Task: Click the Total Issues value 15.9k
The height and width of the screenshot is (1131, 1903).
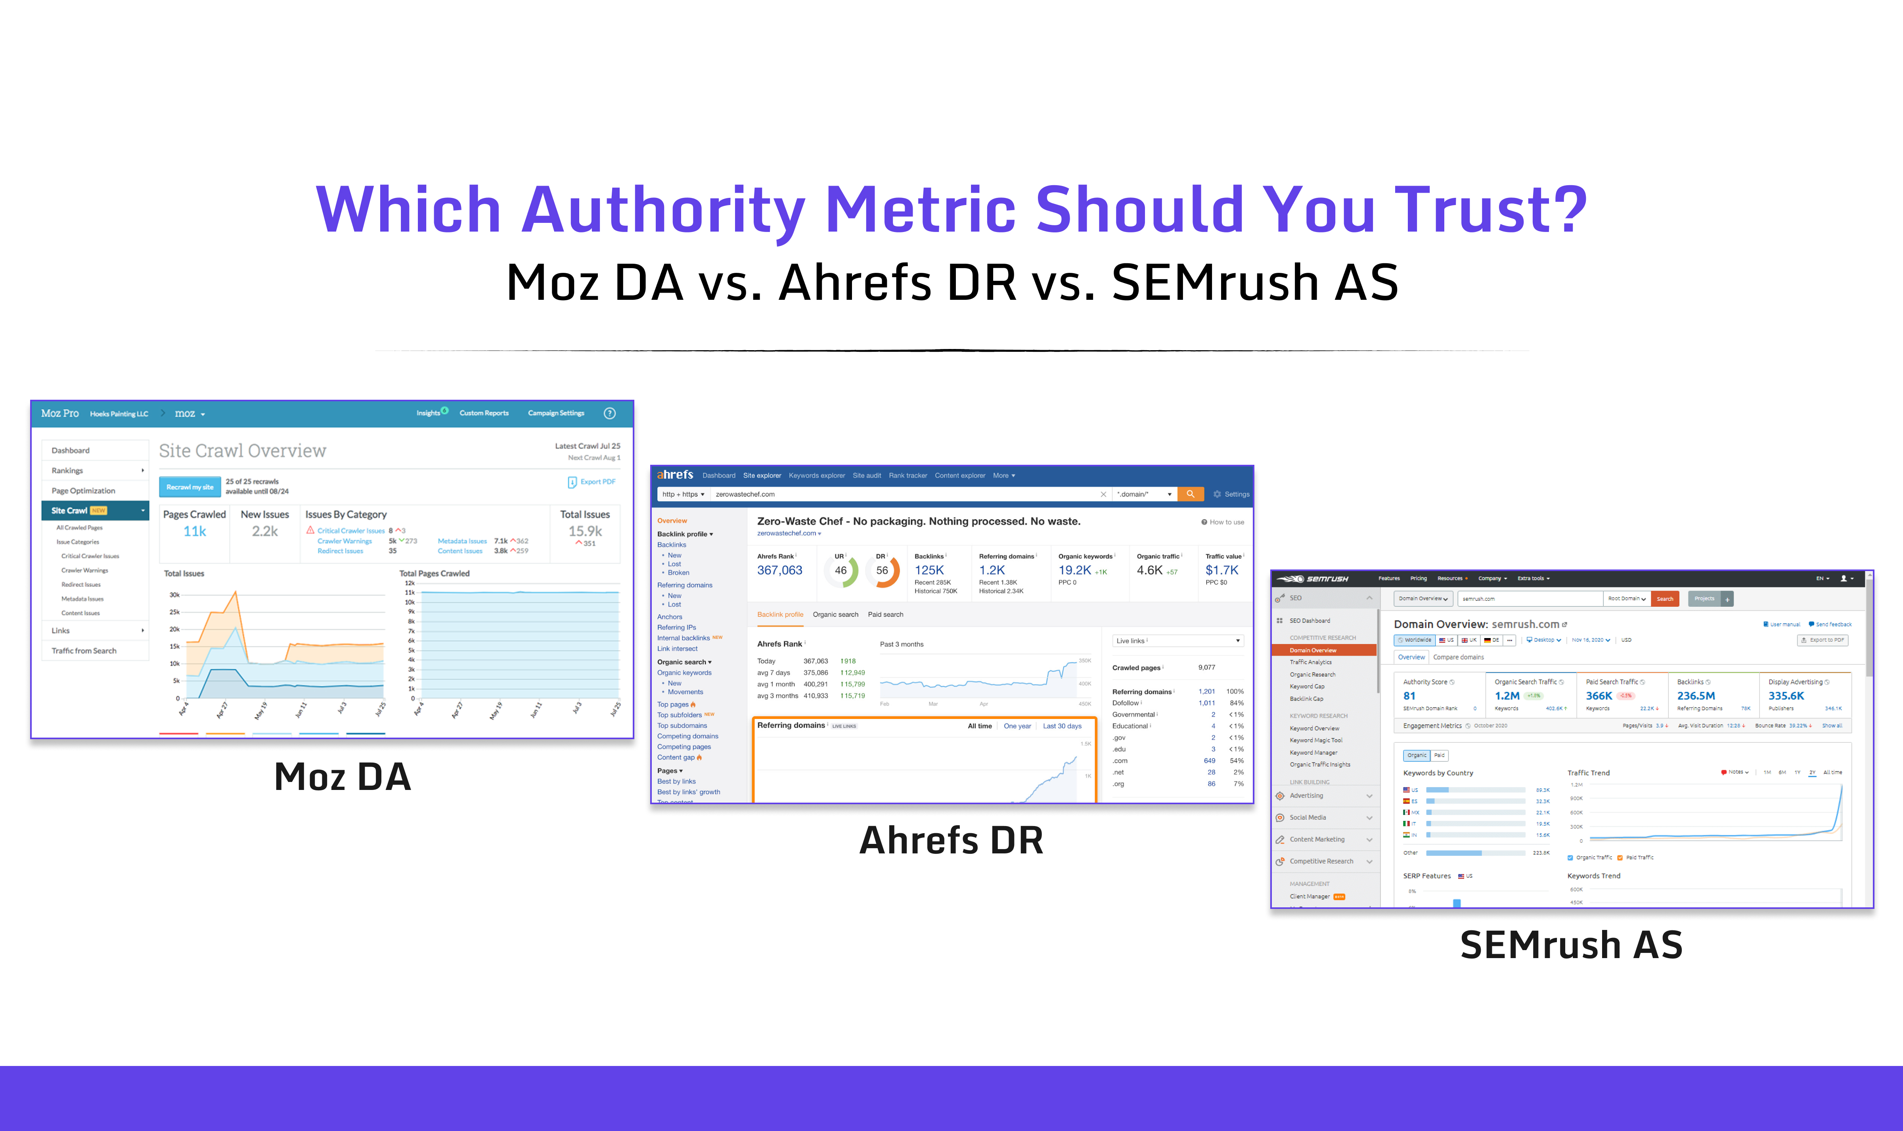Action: point(585,531)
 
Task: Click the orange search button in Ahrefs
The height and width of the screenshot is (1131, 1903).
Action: point(1190,494)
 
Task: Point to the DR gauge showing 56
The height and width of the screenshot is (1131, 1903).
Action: point(882,571)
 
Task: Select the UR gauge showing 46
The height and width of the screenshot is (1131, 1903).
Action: point(841,571)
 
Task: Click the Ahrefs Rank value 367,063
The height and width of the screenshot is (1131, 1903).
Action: point(779,570)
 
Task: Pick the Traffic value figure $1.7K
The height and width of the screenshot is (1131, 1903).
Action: point(1221,570)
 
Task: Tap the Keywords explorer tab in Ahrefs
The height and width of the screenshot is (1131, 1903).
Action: point(817,475)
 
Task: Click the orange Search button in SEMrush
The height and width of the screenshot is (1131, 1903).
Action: point(1665,599)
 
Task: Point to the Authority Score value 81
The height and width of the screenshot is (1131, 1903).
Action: point(1409,696)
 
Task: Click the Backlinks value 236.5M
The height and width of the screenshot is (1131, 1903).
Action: point(1696,696)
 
